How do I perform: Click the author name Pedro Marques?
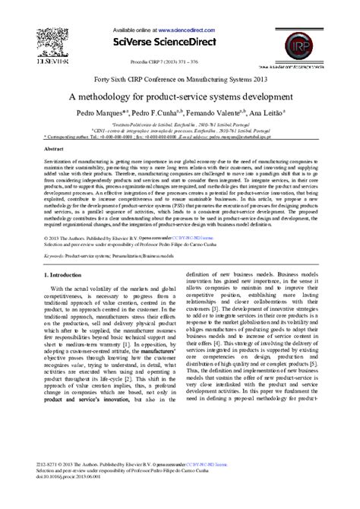click(99, 113)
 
